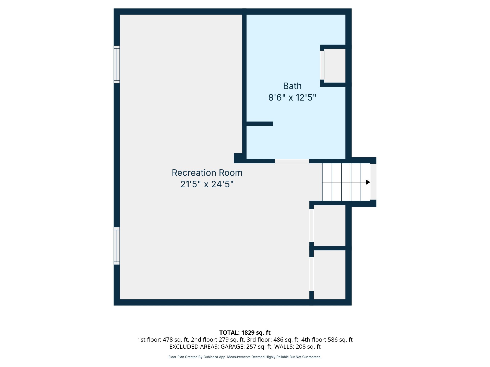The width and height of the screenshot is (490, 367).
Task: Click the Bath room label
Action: point(292,86)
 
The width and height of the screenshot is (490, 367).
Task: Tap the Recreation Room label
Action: point(207,173)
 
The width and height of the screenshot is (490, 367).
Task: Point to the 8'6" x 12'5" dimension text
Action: point(292,97)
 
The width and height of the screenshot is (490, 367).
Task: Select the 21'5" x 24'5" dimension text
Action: point(207,184)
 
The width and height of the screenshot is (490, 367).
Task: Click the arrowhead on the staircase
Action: point(368,182)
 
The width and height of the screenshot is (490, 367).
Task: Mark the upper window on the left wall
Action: point(117,64)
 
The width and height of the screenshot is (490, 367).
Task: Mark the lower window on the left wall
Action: point(117,246)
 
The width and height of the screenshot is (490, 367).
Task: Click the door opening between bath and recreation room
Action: point(292,161)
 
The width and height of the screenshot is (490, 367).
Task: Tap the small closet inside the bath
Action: point(335,66)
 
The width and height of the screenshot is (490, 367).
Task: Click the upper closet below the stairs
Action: point(329,226)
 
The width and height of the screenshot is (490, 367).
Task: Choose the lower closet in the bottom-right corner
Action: point(329,275)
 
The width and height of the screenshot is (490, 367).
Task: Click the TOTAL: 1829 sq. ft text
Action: point(245,333)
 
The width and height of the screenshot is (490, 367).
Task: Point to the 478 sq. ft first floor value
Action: point(175,340)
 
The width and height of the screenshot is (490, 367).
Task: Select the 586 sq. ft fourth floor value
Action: point(340,340)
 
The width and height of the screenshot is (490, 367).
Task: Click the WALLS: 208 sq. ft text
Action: point(297,347)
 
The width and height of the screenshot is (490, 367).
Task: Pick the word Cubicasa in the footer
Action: point(211,357)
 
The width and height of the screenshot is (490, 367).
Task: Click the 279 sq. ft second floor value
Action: point(231,340)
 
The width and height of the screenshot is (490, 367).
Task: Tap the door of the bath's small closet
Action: point(322,65)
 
